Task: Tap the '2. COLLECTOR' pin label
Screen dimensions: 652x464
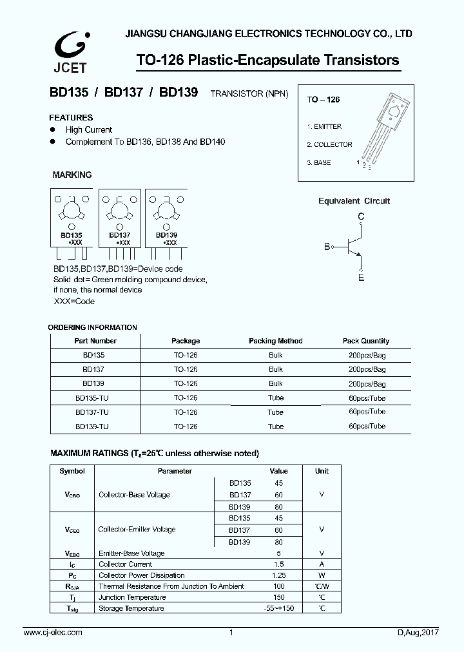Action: tap(329, 145)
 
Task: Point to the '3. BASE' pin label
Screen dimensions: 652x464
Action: tap(319, 163)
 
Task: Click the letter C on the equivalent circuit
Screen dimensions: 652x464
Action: tap(361, 216)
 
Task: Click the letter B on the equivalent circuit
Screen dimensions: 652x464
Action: tap(327, 247)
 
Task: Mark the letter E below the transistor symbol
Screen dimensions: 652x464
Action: tap(361, 278)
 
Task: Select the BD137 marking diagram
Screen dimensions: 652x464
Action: tap(119, 218)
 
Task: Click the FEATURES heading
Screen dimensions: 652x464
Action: tap(72, 118)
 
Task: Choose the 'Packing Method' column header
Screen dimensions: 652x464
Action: tap(275, 341)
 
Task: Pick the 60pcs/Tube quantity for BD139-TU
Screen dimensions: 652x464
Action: tap(367, 427)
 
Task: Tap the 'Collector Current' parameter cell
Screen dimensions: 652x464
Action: tap(126, 564)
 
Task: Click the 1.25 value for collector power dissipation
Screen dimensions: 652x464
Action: tap(278, 575)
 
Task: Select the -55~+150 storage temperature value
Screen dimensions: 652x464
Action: tap(278, 608)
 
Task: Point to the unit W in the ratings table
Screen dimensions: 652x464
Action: tap(322, 575)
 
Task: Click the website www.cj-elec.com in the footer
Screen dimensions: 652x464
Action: tap(53, 633)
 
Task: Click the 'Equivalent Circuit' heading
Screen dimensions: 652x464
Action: tap(354, 201)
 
